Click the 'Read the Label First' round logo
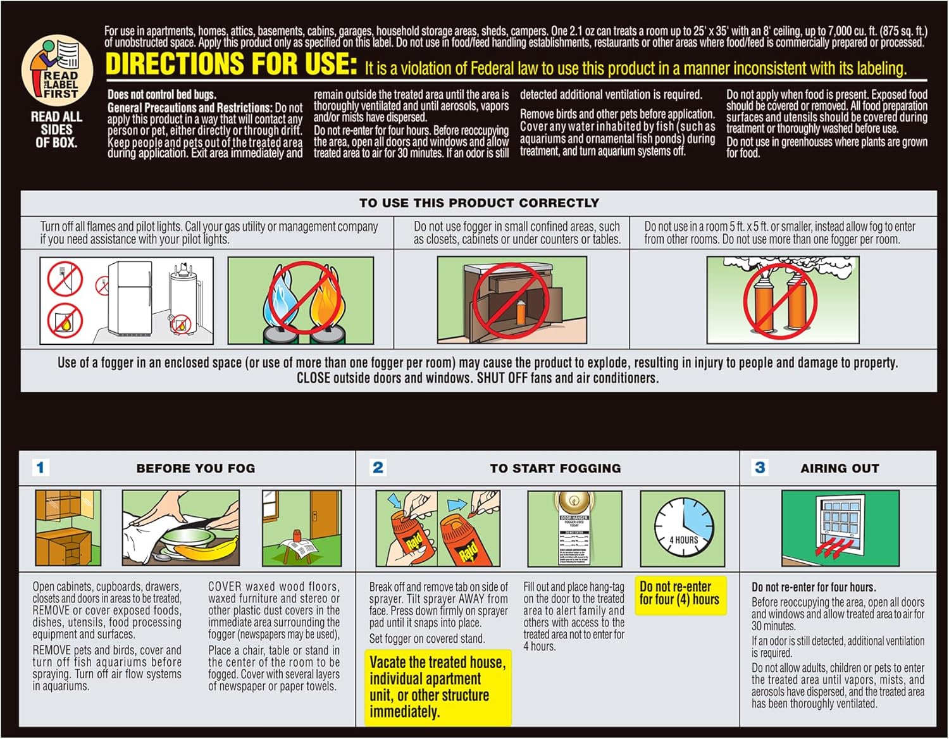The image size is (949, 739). [57, 70]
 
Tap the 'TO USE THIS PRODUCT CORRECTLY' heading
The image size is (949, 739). [479, 203]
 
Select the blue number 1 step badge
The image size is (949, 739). [40, 468]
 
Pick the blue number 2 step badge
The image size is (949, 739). [378, 468]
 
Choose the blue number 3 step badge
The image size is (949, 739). [760, 468]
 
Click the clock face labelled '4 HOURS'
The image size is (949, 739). [683, 528]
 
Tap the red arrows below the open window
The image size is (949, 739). [838, 548]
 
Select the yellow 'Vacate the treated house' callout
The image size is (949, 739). [438, 687]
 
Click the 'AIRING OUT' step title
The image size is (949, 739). [840, 469]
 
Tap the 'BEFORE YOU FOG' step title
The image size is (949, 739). [195, 469]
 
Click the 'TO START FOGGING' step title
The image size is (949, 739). [555, 469]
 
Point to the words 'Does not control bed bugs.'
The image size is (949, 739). [162, 95]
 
